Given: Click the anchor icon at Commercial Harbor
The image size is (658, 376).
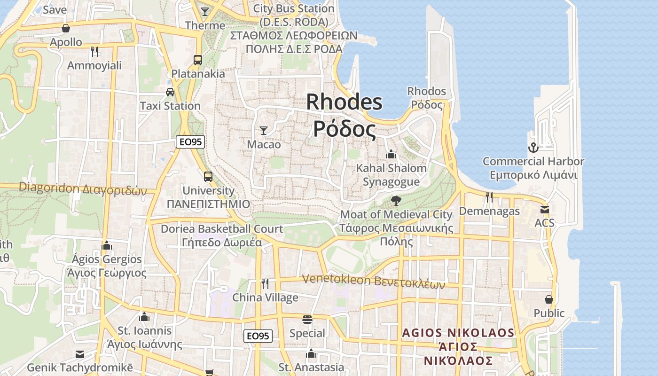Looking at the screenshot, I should coord(533,148).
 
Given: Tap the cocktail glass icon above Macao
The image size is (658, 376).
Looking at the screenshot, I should coord(264,130).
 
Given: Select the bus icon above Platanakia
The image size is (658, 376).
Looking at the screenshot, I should coord(198,60).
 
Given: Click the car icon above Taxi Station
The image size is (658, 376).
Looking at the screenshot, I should coord(170,92).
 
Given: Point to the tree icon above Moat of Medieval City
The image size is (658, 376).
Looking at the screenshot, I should coord(396,201).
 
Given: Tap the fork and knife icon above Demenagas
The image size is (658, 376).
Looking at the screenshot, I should coord(489,197).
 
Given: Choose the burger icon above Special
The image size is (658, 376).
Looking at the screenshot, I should coord(307,320).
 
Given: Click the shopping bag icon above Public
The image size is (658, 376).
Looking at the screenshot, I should coord(548,299).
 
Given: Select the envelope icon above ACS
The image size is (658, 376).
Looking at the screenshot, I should coord(544,209).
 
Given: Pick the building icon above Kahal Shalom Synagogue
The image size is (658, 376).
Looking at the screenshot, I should coord(391,154).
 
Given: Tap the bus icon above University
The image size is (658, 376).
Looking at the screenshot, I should coord(208,177).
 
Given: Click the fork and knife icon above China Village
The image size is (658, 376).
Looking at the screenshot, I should coord(265,283).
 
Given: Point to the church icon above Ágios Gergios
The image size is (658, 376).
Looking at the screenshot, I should coord(107,245).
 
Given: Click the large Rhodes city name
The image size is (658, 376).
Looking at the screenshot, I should coord(345,115).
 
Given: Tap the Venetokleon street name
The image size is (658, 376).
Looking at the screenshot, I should coord(373,280).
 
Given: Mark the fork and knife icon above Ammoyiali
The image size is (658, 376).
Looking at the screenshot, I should coord(94,51).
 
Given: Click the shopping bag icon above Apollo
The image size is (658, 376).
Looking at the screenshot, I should coord(66,28).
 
